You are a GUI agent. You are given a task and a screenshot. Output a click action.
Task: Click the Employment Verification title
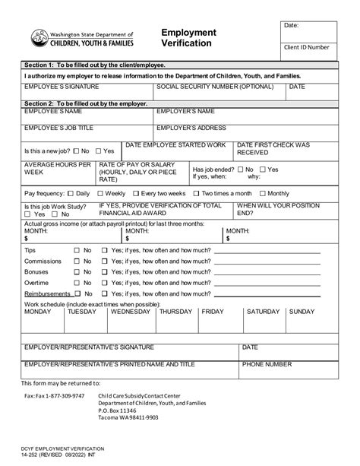(x=189, y=39)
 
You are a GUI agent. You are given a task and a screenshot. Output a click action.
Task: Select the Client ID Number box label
(x=306, y=47)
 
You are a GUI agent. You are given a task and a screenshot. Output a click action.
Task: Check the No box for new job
(x=75, y=151)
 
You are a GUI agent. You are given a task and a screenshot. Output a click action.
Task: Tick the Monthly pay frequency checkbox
(x=263, y=194)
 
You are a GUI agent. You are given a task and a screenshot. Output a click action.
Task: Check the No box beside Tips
(x=77, y=250)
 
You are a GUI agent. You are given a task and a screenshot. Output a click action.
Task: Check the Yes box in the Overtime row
(x=105, y=282)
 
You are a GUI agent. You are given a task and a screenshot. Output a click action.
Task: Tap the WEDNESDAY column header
(x=131, y=312)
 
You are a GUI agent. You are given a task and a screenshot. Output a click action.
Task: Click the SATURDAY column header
(x=264, y=312)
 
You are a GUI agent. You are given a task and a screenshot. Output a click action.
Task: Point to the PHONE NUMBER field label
(x=267, y=364)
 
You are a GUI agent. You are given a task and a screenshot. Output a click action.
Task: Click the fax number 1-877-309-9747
(x=56, y=396)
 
